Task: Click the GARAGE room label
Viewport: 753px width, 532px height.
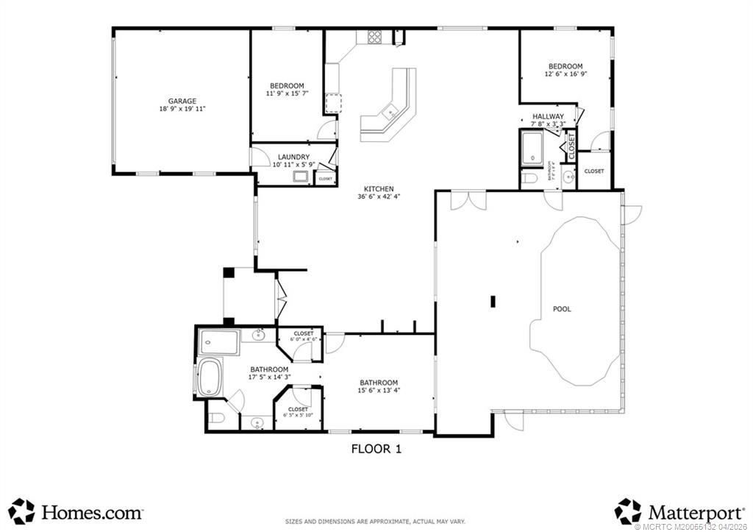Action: [x=182, y=101]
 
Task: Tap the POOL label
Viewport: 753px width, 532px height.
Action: [x=562, y=309]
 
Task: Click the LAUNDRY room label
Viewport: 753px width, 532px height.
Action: [x=293, y=157]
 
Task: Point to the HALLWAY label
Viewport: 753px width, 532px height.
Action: [x=548, y=116]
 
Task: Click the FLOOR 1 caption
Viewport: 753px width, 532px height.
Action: [x=376, y=447]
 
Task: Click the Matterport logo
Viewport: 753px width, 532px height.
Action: [x=676, y=511]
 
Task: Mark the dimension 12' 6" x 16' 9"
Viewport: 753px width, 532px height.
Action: [x=565, y=74]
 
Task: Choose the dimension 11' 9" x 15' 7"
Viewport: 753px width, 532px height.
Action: [x=286, y=93]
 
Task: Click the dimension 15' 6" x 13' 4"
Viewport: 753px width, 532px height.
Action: [x=379, y=391]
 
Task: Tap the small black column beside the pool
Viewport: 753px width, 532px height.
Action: [x=494, y=301]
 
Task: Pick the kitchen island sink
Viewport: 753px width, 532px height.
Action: [x=390, y=113]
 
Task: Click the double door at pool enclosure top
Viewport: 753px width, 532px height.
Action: [x=468, y=199]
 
